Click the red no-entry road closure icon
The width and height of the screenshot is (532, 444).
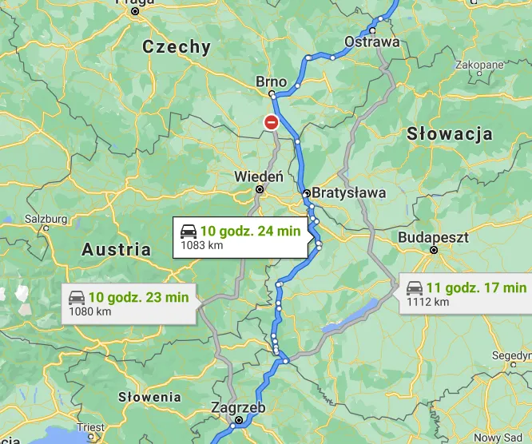point(272,122)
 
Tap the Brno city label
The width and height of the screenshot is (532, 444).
point(271,81)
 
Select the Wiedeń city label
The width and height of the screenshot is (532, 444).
point(258,176)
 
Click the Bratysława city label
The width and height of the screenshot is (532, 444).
point(348,192)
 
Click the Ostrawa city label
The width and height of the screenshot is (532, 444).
point(371,42)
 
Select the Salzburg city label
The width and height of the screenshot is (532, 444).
point(46,218)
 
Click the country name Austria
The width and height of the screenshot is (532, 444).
point(117,249)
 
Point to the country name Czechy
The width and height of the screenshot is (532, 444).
point(177,47)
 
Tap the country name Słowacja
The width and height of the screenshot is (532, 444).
point(450,133)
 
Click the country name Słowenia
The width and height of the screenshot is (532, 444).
point(149,396)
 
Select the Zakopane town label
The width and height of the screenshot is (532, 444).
point(479,65)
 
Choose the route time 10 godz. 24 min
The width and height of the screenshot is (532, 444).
point(250,231)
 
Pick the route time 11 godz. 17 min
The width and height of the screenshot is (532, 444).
point(477,287)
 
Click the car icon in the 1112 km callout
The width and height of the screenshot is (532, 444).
point(415,287)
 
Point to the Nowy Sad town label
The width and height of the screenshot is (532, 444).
point(499,437)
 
